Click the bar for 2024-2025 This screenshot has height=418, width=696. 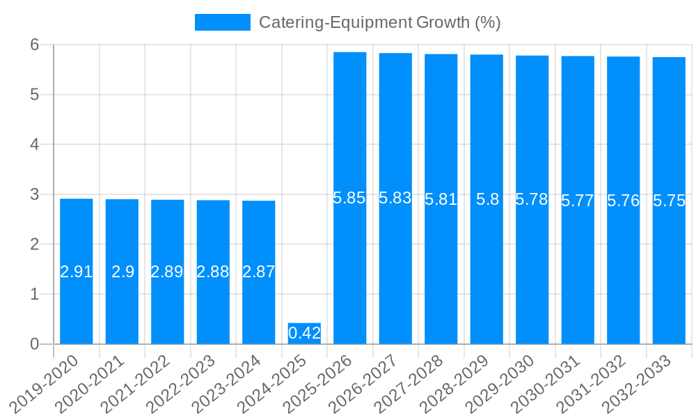pyautogui.click(x=304, y=334)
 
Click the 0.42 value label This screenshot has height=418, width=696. pyautogui.click(x=304, y=333)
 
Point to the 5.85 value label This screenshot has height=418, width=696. pyautogui.click(x=349, y=198)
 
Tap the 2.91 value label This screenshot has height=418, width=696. pyautogui.click(x=77, y=272)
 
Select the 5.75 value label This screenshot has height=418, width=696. pyautogui.click(x=669, y=201)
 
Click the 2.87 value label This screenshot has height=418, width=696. pyautogui.click(x=259, y=272)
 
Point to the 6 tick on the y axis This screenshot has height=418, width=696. pyautogui.click(x=34, y=45)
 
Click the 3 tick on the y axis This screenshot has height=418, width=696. pyautogui.click(x=34, y=194)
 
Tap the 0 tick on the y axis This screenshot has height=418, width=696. pyautogui.click(x=34, y=344)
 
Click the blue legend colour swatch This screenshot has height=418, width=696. pyautogui.click(x=222, y=22)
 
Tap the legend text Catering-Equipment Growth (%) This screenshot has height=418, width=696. pyautogui.click(x=379, y=22)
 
